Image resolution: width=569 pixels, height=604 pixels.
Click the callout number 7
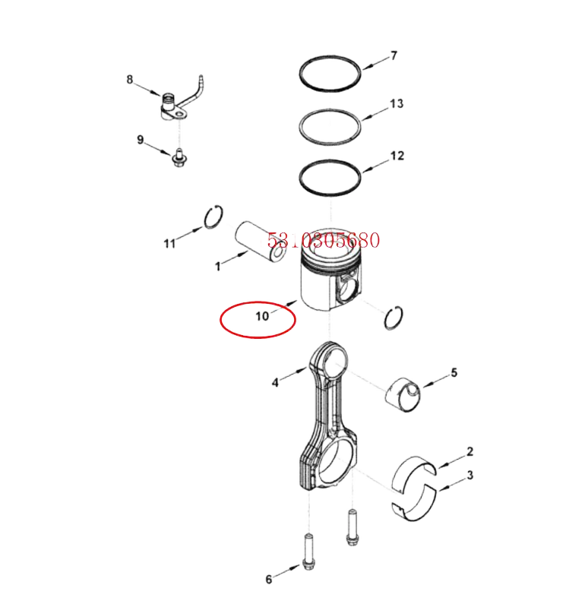click(x=394, y=56)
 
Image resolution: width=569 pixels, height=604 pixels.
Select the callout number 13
click(x=397, y=103)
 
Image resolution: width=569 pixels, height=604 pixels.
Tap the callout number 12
click(x=397, y=156)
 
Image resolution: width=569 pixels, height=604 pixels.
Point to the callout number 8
click(x=130, y=79)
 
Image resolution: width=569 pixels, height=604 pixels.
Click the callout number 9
click(x=141, y=140)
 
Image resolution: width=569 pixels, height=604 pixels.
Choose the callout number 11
click(x=169, y=243)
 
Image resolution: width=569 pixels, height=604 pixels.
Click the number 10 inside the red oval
click(x=262, y=316)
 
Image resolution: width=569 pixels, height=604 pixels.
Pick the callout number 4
click(x=275, y=382)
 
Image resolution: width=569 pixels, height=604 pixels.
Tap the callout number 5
click(x=454, y=372)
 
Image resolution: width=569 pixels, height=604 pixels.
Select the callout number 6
click(x=268, y=579)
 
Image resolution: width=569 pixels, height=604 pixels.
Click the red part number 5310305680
click(x=324, y=240)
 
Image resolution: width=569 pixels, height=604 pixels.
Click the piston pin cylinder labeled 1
click(x=261, y=241)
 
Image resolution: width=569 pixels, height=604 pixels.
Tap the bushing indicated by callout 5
click(x=403, y=395)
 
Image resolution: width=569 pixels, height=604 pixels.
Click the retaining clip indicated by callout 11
click(x=213, y=217)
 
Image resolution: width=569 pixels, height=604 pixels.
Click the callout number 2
click(x=469, y=451)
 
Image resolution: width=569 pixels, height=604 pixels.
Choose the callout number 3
click(x=470, y=475)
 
